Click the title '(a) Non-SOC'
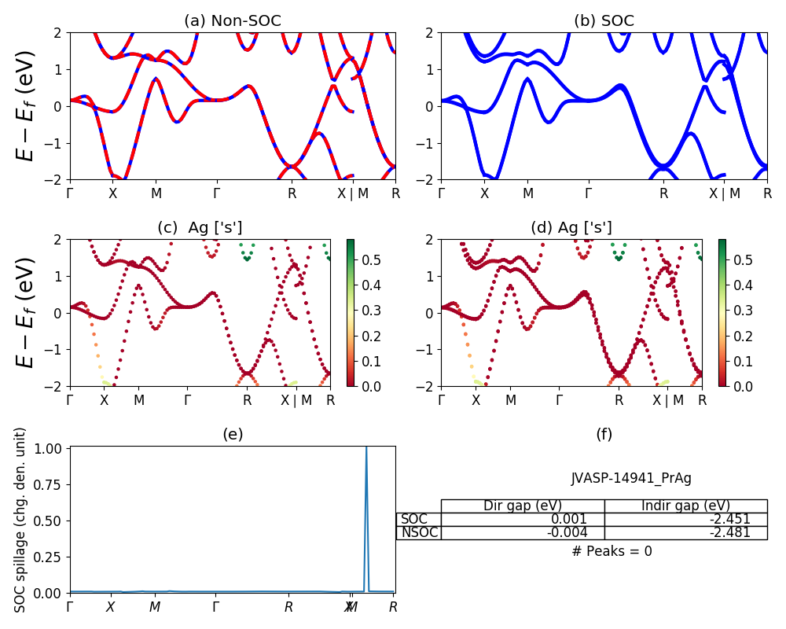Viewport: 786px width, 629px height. (232, 21)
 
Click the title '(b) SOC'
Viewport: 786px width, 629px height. (604, 21)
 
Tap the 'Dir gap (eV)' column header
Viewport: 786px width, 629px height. (523, 506)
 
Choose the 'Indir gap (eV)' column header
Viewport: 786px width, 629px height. (685, 506)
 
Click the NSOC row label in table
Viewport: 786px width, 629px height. (419, 532)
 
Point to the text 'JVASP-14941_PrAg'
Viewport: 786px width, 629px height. (631, 478)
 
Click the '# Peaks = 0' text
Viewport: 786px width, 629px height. (612, 551)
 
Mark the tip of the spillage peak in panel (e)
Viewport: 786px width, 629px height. (366, 447)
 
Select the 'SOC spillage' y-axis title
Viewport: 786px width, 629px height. (21, 520)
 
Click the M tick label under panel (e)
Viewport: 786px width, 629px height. (155, 607)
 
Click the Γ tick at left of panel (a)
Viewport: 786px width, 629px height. (70, 193)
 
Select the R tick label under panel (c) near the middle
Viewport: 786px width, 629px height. (248, 400)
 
